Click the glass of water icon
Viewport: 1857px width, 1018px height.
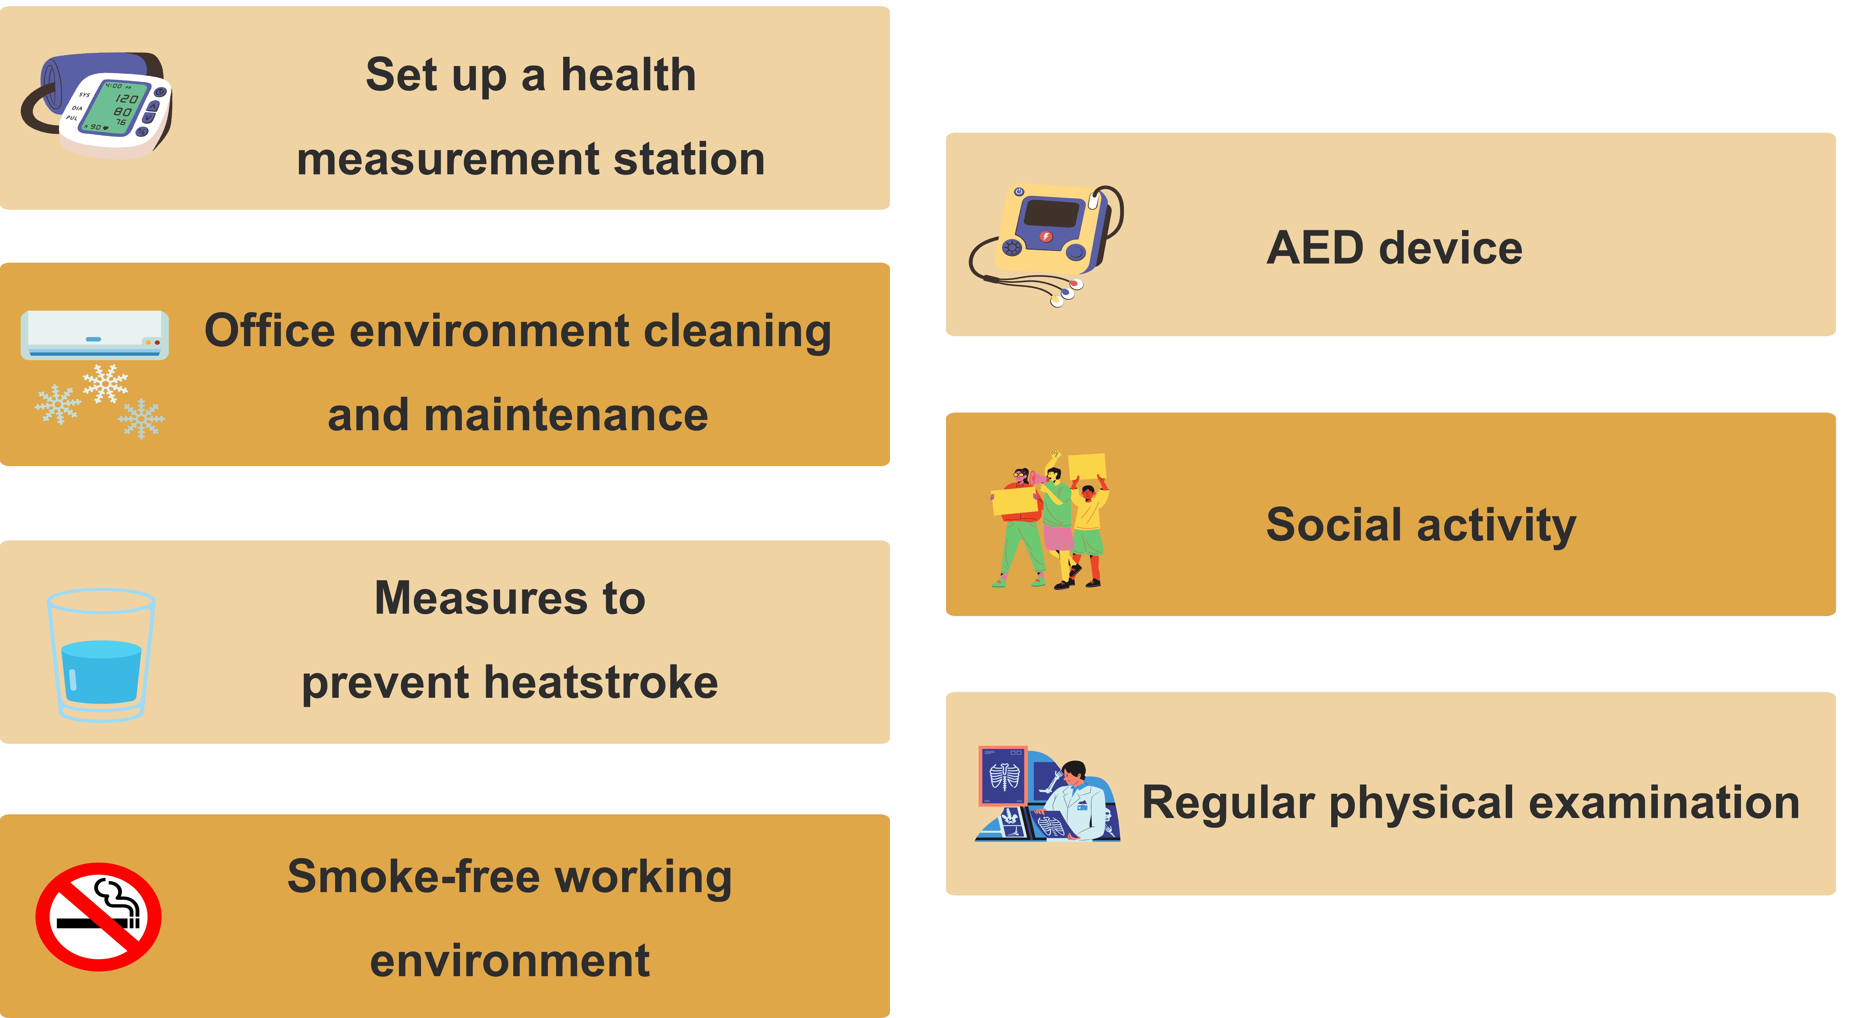click(x=101, y=655)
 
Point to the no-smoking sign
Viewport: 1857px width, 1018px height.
click(x=98, y=916)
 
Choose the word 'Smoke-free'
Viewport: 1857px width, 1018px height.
click(x=414, y=877)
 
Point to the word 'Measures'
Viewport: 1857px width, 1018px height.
click(x=482, y=598)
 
